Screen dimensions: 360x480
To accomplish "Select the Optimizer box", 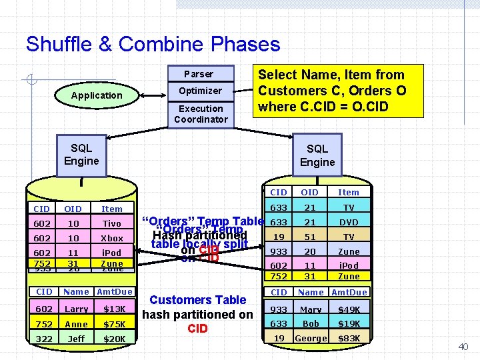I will click(200, 91).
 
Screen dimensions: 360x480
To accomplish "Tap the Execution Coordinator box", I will click(201, 114).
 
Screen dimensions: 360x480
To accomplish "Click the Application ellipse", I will click(97, 95).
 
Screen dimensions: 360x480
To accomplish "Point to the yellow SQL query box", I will click(331, 90).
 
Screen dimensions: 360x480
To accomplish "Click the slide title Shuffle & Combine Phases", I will click(153, 45).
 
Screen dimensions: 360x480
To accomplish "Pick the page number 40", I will click(463, 347).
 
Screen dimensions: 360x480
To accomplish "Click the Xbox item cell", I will click(112, 238).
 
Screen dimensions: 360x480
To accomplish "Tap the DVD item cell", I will click(349, 223).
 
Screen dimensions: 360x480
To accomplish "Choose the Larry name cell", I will click(76, 309).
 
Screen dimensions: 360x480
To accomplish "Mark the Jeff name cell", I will click(76, 339).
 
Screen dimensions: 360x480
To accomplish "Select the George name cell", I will click(311, 339).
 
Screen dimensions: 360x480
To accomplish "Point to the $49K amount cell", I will click(349, 309).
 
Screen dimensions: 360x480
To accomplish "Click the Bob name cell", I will click(311, 323).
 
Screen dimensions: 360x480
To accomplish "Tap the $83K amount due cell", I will click(349, 339).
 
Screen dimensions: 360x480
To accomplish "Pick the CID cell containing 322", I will click(44, 339).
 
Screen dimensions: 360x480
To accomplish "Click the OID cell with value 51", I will click(311, 237).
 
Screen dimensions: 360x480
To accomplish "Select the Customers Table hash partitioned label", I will click(198, 314).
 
